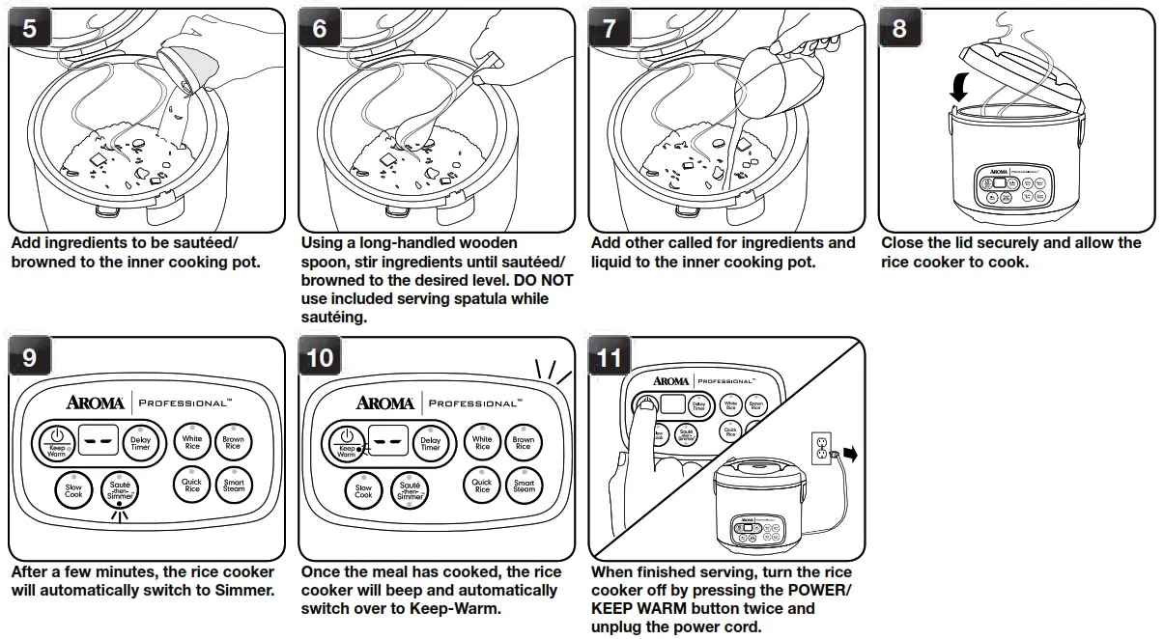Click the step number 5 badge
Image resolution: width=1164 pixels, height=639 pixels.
coord(30,29)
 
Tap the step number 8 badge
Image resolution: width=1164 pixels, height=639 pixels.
coord(899,29)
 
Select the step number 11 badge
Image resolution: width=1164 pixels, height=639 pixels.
coord(610,357)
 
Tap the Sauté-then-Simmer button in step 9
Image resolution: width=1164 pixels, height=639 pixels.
coord(121,489)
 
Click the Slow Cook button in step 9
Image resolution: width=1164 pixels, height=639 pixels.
coord(73,490)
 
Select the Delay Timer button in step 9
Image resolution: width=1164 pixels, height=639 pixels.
coord(141,444)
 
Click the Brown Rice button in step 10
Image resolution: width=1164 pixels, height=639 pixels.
coord(524,444)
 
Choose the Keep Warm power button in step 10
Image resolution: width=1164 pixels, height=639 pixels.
coord(347,442)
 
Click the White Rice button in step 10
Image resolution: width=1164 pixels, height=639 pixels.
coord(482,443)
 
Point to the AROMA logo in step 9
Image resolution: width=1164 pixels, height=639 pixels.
coord(95,403)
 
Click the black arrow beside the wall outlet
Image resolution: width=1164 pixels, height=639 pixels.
coord(849,455)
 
